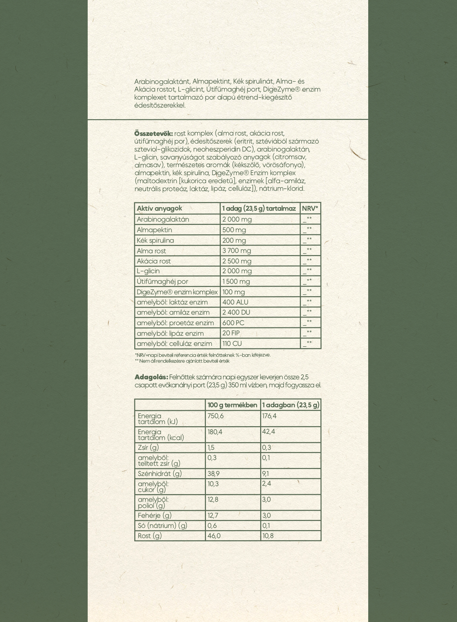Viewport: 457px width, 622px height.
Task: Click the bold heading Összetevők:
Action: pyautogui.click(x=153, y=133)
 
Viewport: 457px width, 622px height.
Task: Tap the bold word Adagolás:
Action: pyautogui.click(x=151, y=377)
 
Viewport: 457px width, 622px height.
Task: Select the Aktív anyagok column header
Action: pyautogui.click(x=159, y=208)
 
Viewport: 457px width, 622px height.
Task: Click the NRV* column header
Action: pyautogui.click(x=310, y=208)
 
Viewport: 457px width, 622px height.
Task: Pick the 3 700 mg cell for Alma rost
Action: pyautogui.click(x=237, y=251)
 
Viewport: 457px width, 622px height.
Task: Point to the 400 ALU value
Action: pyautogui.click(x=235, y=302)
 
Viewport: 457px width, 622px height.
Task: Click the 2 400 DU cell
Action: pyautogui.click(x=237, y=312)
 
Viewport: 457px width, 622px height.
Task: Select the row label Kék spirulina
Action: pyautogui.click(x=155, y=241)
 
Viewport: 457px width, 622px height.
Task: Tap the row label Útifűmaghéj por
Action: pyautogui.click(x=162, y=282)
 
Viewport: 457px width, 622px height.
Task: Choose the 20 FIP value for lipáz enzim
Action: pyautogui.click(x=231, y=333)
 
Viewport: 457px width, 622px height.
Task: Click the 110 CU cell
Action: pyautogui.click(x=232, y=344)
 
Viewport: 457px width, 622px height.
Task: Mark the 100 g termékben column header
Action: pyautogui.click(x=232, y=405)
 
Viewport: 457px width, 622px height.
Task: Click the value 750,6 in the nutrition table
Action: pyautogui.click(x=215, y=416)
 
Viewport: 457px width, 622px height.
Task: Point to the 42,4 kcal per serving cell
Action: pyautogui.click(x=269, y=432)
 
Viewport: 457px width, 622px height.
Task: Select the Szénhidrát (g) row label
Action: pyautogui.click(x=160, y=473)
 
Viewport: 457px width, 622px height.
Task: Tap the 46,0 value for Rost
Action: pyautogui.click(x=214, y=536)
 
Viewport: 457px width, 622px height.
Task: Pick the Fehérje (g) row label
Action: pyautogui.click(x=155, y=515)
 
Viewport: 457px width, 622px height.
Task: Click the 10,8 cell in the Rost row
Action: pyautogui.click(x=268, y=536)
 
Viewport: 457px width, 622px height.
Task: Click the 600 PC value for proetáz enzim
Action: pyautogui.click(x=233, y=323)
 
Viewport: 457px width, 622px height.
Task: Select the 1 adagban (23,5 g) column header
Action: pyautogui.click(x=291, y=405)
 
